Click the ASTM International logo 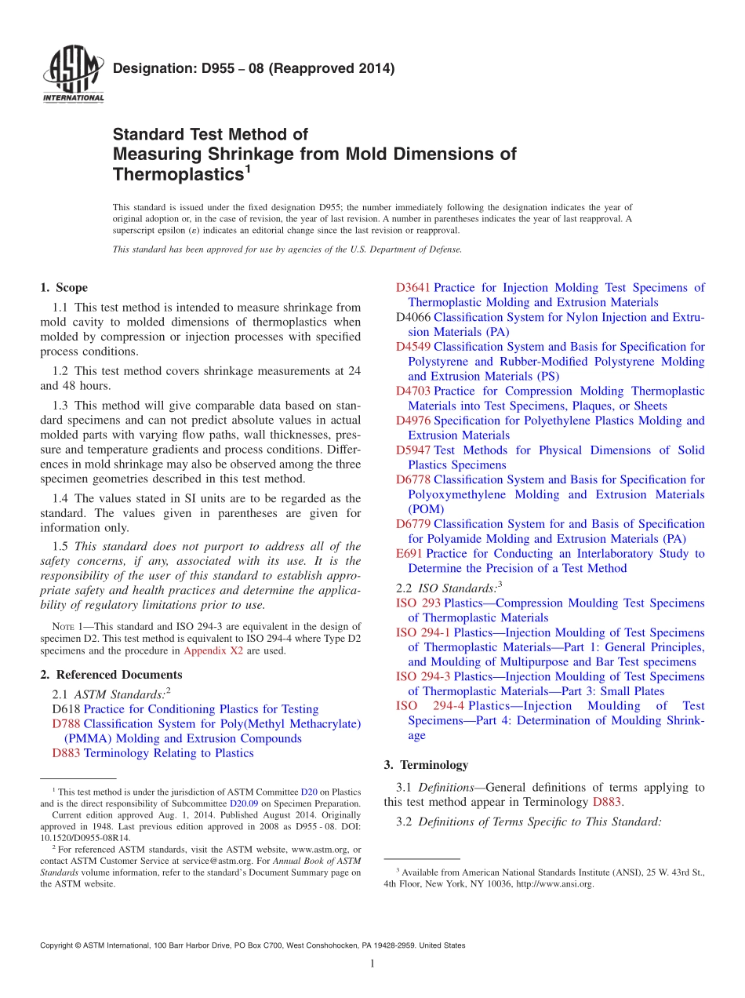point(72,75)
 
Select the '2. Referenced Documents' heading point(111,675)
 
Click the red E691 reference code point(409,554)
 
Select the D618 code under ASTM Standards point(66,709)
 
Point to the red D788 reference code point(66,723)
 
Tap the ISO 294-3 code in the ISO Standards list point(423,677)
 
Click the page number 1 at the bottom point(372,964)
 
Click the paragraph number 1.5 point(60,546)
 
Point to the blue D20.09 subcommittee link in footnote point(242,803)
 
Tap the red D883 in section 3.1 point(607,802)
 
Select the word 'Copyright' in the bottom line point(57,946)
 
